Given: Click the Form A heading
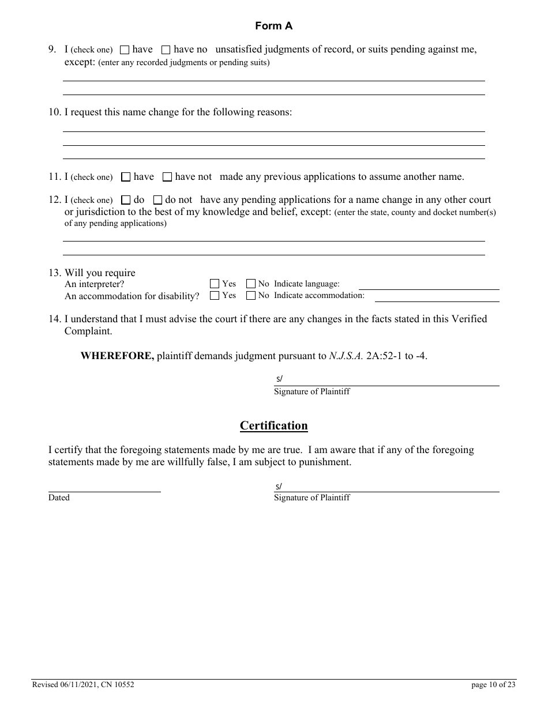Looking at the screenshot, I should (274, 26).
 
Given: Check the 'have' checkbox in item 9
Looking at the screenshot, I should (125, 50).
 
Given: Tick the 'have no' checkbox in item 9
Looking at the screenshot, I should (166, 50).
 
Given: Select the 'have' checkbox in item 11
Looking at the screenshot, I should (126, 177).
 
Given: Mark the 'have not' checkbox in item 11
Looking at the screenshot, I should (167, 177).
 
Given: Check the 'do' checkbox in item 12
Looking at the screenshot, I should (126, 200).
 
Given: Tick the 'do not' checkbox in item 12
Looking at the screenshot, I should (157, 200).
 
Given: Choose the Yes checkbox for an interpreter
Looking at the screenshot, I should (215, 284).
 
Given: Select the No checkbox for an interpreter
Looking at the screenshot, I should (251, 284).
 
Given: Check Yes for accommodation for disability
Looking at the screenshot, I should (215, 296).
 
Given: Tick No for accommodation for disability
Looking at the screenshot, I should (251, 296).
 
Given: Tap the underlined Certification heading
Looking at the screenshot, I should (274, 426).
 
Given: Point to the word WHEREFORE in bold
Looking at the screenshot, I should (117, 356).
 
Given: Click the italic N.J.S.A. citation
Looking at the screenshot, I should (346, 356).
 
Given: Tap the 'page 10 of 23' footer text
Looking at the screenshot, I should (493, 685).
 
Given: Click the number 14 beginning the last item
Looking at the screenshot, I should (54, 319).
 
